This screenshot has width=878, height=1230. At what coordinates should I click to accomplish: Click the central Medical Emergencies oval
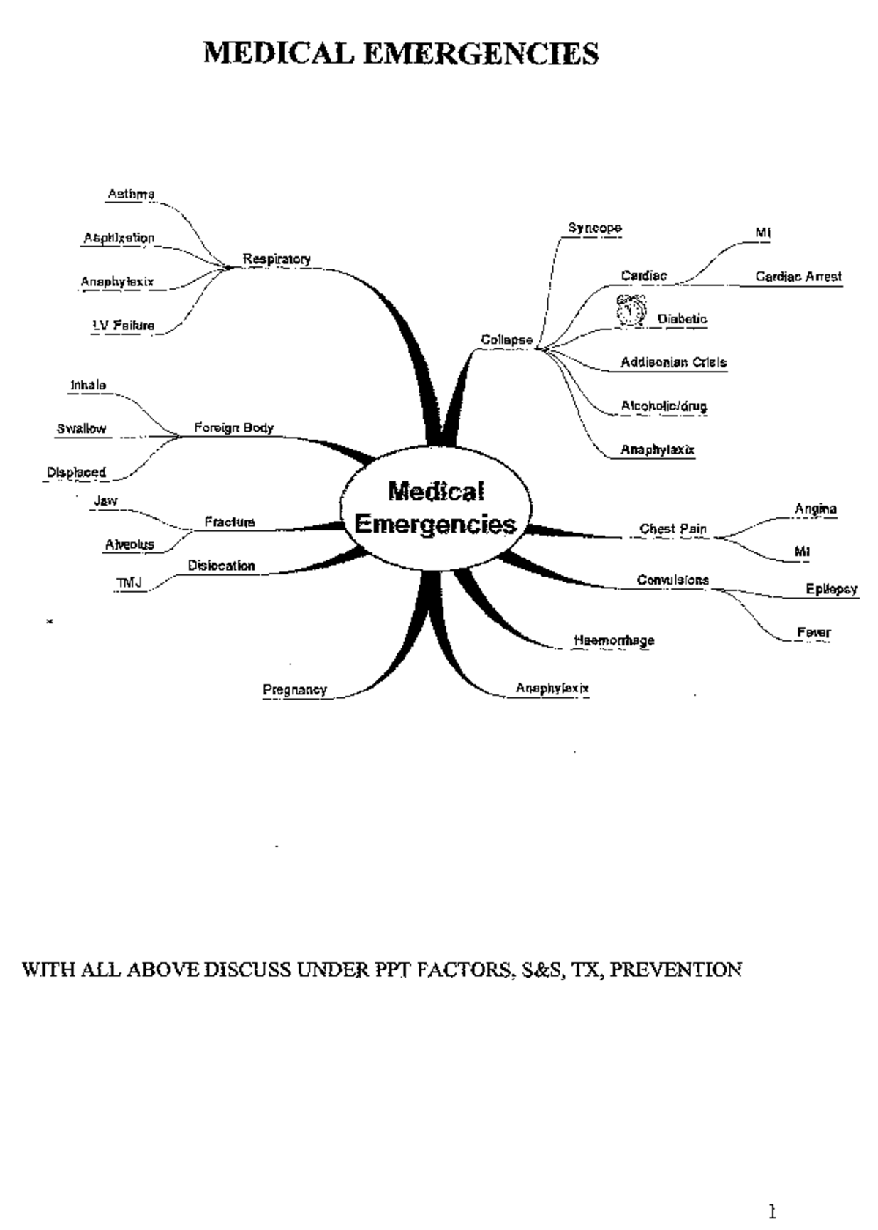pyautogui.click(x=436, y=507)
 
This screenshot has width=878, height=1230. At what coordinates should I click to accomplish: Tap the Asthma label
pyautogui.click(x=131, y=194)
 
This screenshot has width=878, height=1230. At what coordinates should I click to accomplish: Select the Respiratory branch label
pyautogui.click(x=277, y=259)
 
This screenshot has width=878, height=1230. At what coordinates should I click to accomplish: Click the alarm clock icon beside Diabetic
pyautogui.click(x=631, y=310)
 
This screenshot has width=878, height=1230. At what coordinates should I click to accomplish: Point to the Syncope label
pyautogui.click(x=594, y=228)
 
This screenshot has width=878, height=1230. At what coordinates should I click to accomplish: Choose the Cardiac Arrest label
pyautogui.click(x=798, y=277)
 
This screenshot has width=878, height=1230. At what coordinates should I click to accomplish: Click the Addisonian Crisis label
pyautogui.click(x=673, y=362)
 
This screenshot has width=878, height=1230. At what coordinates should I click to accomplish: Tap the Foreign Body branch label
pyautogui.click(x=233, y=427)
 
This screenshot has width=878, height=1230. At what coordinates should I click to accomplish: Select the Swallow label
pyautogui.click(x=81, y=429)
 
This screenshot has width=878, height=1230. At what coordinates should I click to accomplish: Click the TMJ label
pyautogui.click(x=129, y=582)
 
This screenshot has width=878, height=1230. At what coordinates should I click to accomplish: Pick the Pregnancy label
pyautogui.click(x=294, y=689)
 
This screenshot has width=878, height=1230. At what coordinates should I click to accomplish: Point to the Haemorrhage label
pyautogui.click(x=614, y=640)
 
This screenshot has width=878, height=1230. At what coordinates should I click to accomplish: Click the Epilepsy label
pyautogui.click(x=831, y=589)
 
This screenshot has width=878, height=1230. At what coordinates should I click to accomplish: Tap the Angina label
pyautogui.click(x=816, y=509)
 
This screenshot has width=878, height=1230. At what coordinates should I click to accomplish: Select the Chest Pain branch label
pyautogui.click(x=672, y=528)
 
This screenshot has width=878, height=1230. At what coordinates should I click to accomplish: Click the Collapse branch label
pyautogui.click(x=506, y=340)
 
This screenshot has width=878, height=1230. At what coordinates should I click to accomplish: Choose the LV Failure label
pyautogui.click(x=123, y=326)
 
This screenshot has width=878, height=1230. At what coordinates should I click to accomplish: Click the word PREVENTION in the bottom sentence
pyautogui.click(x=675, y=970)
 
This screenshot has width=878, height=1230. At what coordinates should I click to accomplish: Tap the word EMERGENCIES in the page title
pyautogui.click(x=480, y=53)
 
